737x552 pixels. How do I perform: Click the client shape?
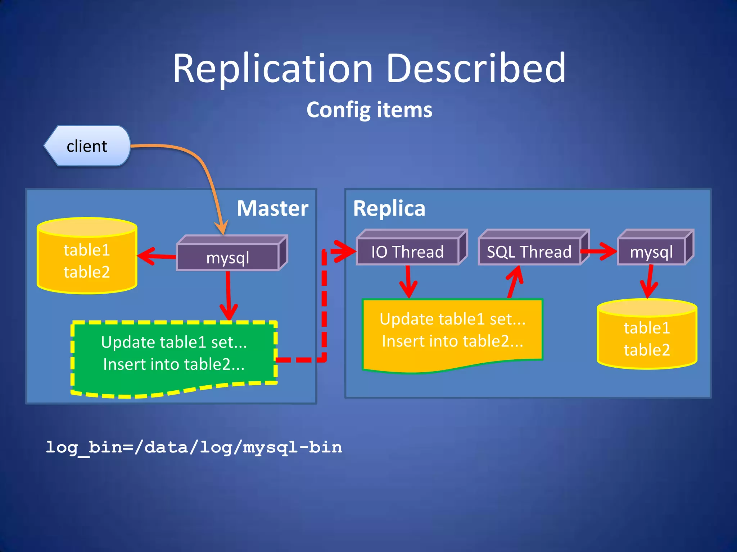[87, 146]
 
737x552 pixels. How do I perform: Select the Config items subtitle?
[369, 110]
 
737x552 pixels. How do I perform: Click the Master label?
[272, 208]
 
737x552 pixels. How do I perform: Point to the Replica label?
[389, 208]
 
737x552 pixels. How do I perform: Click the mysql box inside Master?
[228, 257]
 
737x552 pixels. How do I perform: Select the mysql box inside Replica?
[651, 252]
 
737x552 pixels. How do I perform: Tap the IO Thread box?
[407, 252]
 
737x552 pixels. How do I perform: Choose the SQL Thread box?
[529, 252]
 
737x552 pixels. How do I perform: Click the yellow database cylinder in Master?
[87, 261]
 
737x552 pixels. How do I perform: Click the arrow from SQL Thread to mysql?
[599, 251]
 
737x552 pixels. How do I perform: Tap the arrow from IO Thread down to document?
[408, 282]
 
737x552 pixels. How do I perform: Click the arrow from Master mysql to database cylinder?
[157, 256]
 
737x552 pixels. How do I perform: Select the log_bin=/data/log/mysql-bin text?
[194, 447]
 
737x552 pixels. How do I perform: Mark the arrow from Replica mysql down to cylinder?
[649, 282]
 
